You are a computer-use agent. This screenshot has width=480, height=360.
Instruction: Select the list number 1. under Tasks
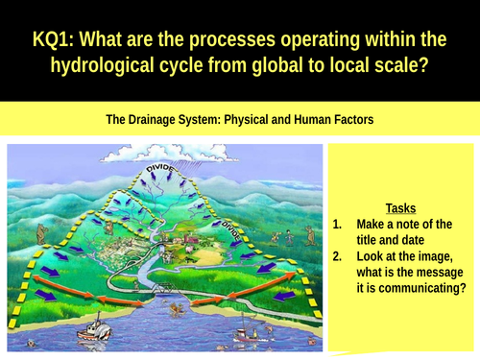tap(338, 224)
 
